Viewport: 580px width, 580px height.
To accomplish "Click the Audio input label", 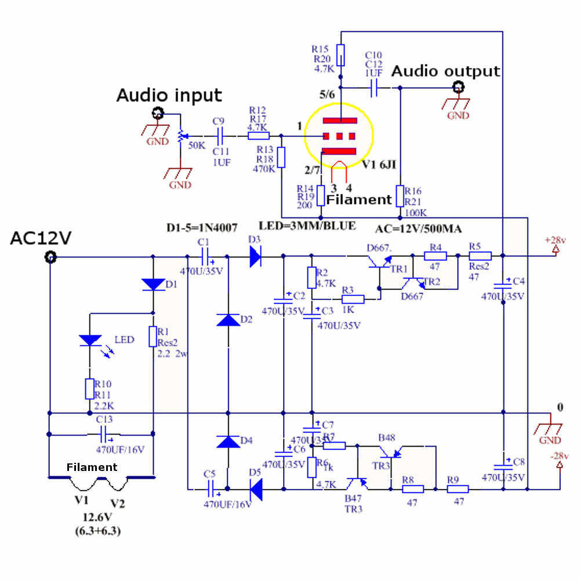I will point(169,95).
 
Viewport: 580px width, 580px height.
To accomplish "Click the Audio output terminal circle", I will point(459,88).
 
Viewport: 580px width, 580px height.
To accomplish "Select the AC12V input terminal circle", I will point(50,257).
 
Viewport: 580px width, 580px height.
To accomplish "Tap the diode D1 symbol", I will point(153,284).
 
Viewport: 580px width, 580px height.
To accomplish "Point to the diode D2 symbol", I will point(227,320).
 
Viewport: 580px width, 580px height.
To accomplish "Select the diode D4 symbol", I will point(227,441).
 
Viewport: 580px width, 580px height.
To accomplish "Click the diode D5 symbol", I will point(255,488).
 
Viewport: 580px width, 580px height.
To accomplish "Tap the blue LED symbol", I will point(89,340).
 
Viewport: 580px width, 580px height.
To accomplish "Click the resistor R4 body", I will point(435,256).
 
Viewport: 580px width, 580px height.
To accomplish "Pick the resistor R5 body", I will point(480,256).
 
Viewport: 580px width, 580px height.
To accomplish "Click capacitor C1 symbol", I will point(204,256).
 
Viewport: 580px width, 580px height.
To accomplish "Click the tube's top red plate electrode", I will point(339,121).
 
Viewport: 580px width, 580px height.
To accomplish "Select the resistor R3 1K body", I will point(353,299).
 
